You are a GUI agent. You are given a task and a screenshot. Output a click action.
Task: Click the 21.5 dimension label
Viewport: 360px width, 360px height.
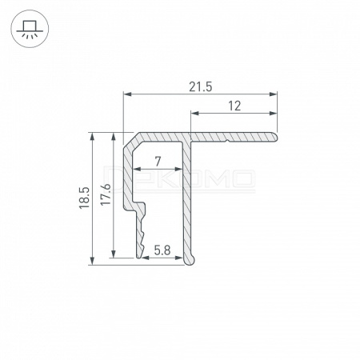(201, 87)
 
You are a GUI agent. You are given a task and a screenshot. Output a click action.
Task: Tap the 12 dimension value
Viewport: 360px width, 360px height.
(234, 106)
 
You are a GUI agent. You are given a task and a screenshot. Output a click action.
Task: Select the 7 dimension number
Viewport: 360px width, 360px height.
(158, 162)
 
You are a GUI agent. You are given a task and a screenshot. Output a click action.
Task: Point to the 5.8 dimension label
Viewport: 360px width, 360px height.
(162, 250)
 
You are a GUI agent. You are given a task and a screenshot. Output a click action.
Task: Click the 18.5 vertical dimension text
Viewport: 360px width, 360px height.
(84, 198)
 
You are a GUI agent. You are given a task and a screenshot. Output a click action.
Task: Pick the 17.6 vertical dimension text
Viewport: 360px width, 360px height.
(106, 194)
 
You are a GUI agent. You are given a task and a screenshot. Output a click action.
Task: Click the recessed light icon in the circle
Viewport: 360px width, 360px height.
(30, 29)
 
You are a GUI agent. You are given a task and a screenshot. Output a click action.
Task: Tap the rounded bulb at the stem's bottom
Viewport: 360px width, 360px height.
(190, 259)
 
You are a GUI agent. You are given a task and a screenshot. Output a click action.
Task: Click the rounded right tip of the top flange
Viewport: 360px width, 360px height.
(275, 137)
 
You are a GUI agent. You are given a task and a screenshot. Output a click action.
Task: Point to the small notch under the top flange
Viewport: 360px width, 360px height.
(227, 141)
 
